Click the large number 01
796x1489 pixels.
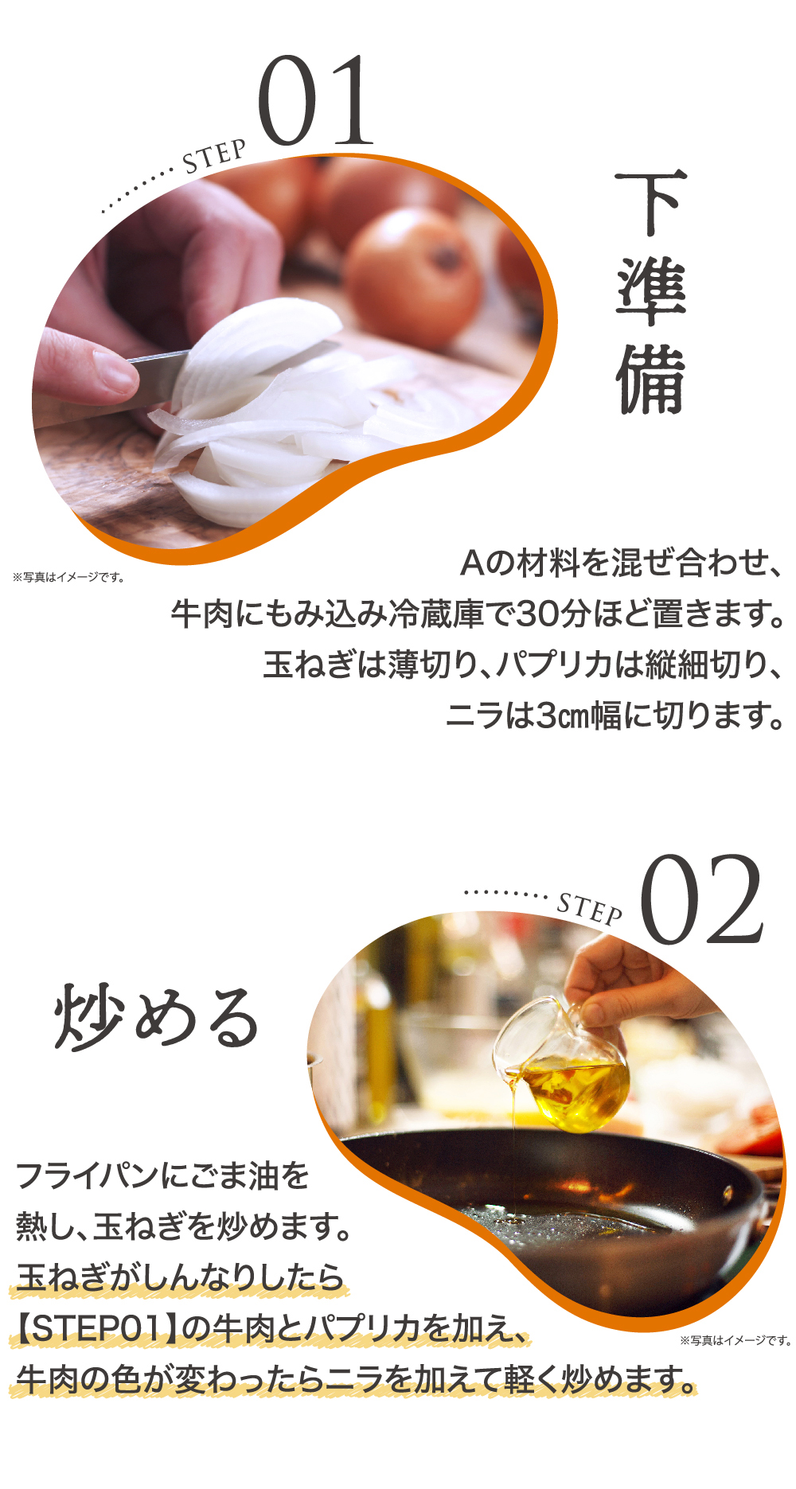tap(316, 101)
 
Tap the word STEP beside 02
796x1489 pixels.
tap(590, 908)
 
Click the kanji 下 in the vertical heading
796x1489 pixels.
tap(650, 202)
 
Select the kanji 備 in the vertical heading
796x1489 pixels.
tap(650, 379)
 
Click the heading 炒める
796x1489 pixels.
tap(157, 1016)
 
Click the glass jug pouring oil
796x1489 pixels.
tap(561, 1066)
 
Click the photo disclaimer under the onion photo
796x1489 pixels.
tap(69, 578)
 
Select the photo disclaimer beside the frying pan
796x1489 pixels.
tap(736, 1341)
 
